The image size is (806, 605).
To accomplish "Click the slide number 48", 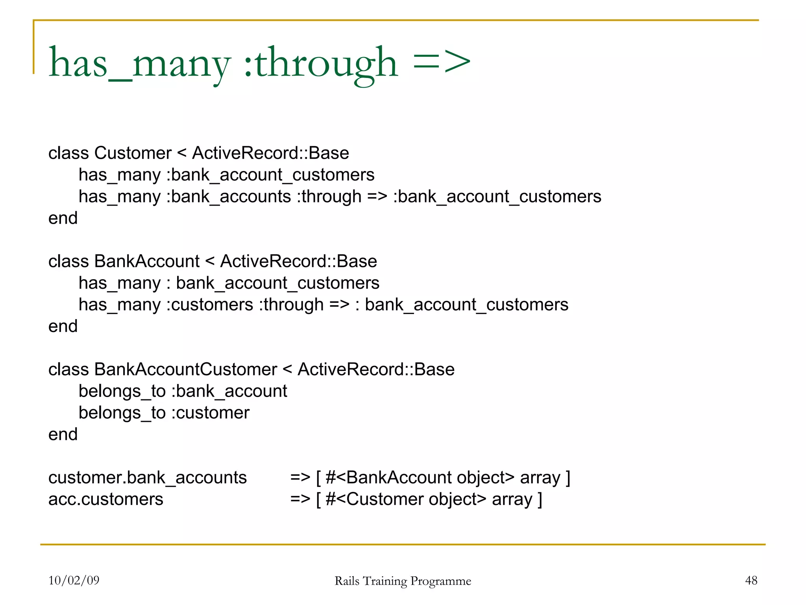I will tap(751, 580).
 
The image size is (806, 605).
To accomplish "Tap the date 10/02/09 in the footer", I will tap(74, 580).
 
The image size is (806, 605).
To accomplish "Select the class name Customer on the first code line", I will tap(133, 153).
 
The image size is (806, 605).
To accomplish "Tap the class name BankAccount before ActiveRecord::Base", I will tap(147, 261).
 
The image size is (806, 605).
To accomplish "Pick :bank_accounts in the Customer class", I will tap(229, 196).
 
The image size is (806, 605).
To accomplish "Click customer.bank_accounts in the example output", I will tap(148, 478).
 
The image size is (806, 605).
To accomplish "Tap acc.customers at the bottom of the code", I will tap(105, 499).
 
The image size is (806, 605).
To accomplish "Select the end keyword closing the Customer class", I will tap(63, 218).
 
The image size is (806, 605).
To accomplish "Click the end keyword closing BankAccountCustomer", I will tap(63, 434).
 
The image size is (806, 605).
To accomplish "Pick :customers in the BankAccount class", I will tap(210, 304).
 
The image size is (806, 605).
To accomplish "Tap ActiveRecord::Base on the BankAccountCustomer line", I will tap(376, 369).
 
